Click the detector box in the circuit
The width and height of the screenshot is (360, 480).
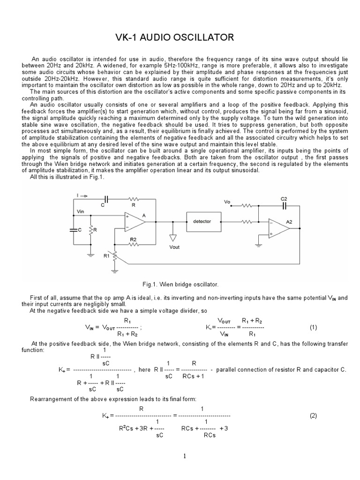(x=202, y=221)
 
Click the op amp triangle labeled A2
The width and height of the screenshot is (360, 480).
(x=279, y=228)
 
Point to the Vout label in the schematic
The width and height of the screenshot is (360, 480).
(x=173, y=247)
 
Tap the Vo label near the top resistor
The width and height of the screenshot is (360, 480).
(x=227, y=202)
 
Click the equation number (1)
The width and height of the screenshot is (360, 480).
(x=314, y=328)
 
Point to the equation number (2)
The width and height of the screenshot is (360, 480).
(x=314, y=415)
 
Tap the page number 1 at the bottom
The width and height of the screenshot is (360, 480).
(x=185, y=456)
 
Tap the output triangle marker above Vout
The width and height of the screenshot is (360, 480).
(x=173, y=238)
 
